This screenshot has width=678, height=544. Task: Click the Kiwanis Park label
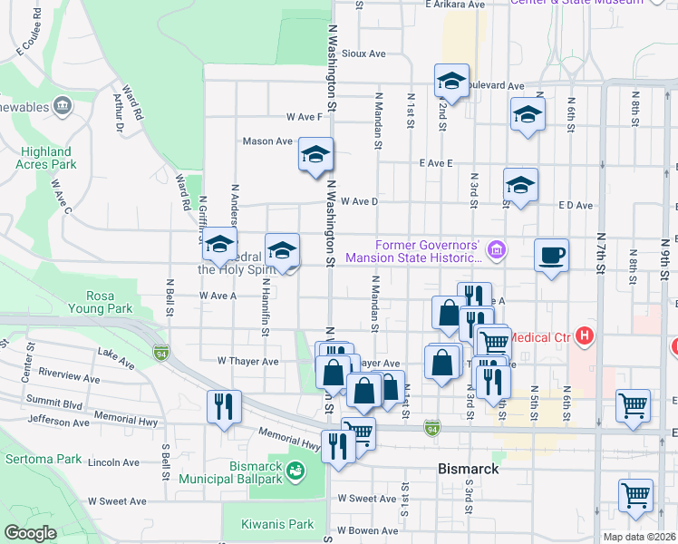click(277, 524)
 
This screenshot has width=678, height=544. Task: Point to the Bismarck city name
click(468, 470)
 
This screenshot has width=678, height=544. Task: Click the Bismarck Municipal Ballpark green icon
click(295, 471)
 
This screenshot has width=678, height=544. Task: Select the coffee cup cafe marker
click(550, 255)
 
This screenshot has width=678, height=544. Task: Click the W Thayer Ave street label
click(247, 361)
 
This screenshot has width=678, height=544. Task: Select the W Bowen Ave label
click(367, 529)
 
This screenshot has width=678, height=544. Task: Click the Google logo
click(30, 533)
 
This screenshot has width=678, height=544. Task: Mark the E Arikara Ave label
click(456, 5)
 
